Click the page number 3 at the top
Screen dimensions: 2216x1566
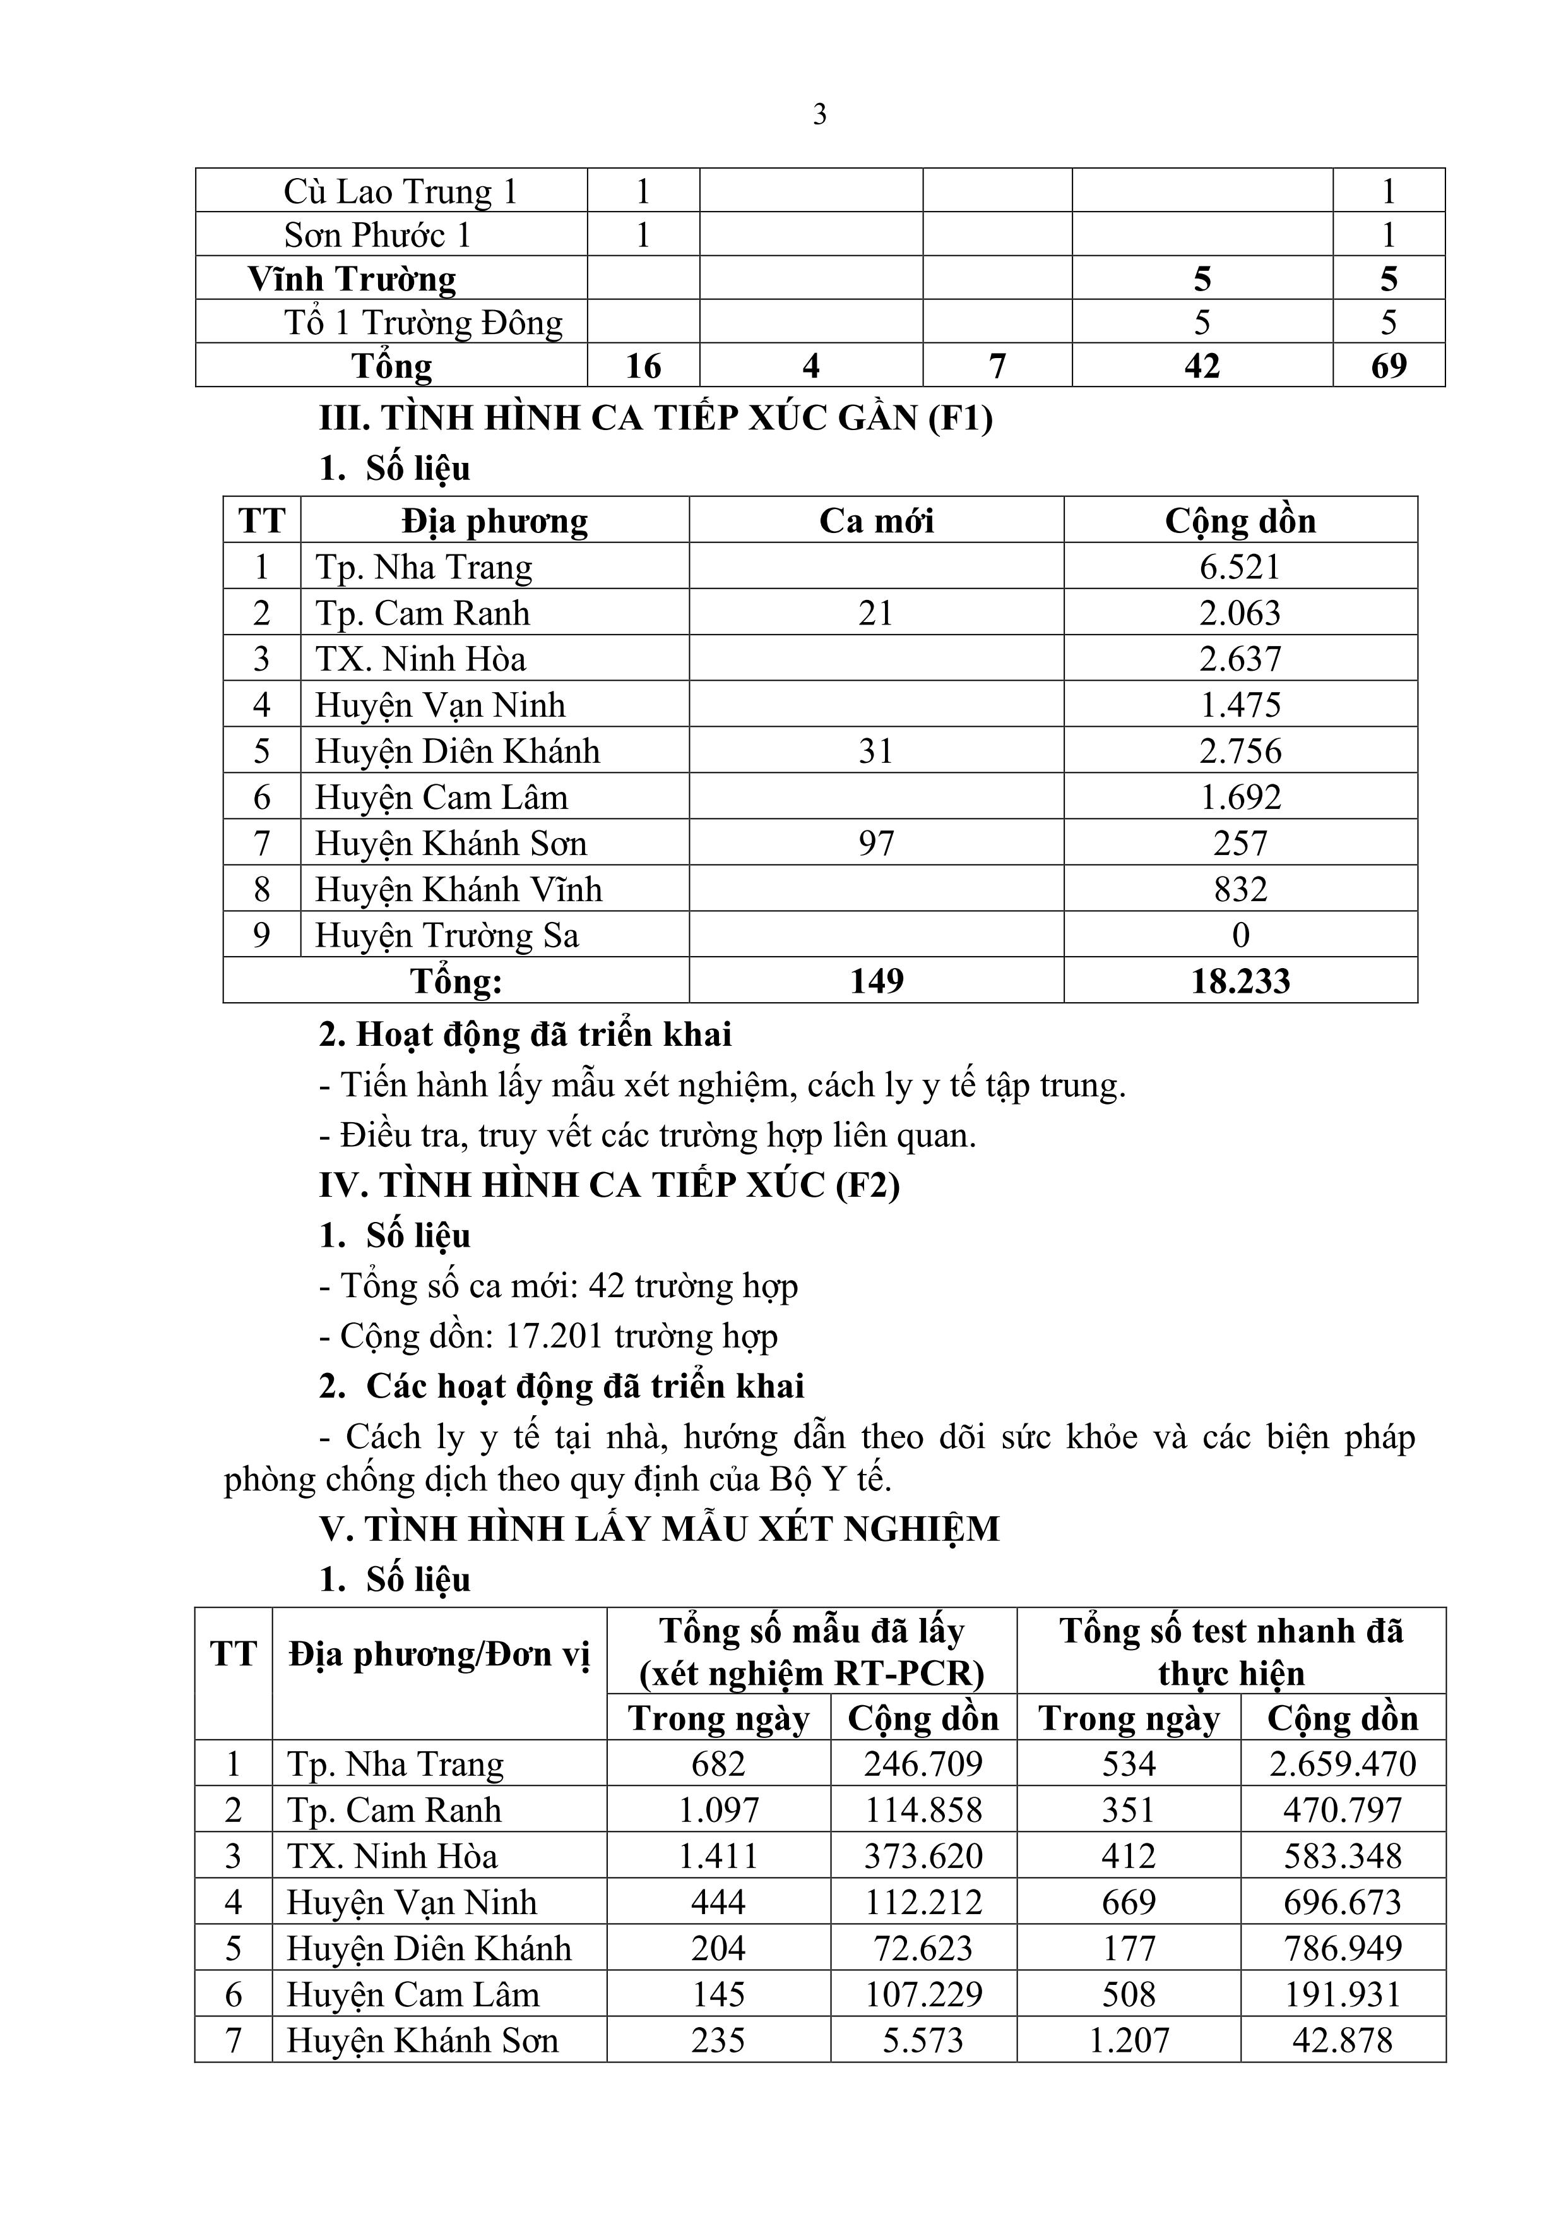coord(819,115)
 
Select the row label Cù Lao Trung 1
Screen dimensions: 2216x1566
coord(400,191)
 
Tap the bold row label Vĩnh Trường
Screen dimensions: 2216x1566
coord(352,279)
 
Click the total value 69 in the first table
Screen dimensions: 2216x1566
coord(1389,366)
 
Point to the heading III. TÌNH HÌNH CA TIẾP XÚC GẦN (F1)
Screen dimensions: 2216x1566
coord(656,418)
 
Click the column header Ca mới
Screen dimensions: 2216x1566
coord(876,521)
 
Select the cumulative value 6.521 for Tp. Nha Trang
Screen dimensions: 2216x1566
coord(1240,566)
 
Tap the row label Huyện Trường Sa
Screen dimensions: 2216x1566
coord(447,935)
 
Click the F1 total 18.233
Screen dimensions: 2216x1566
coord(1240,981)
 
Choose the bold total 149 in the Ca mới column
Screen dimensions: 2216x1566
coord(876,981)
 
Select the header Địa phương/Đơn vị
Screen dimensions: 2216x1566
coord(439,1655)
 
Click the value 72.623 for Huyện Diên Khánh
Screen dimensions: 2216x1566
coord(923,1948)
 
